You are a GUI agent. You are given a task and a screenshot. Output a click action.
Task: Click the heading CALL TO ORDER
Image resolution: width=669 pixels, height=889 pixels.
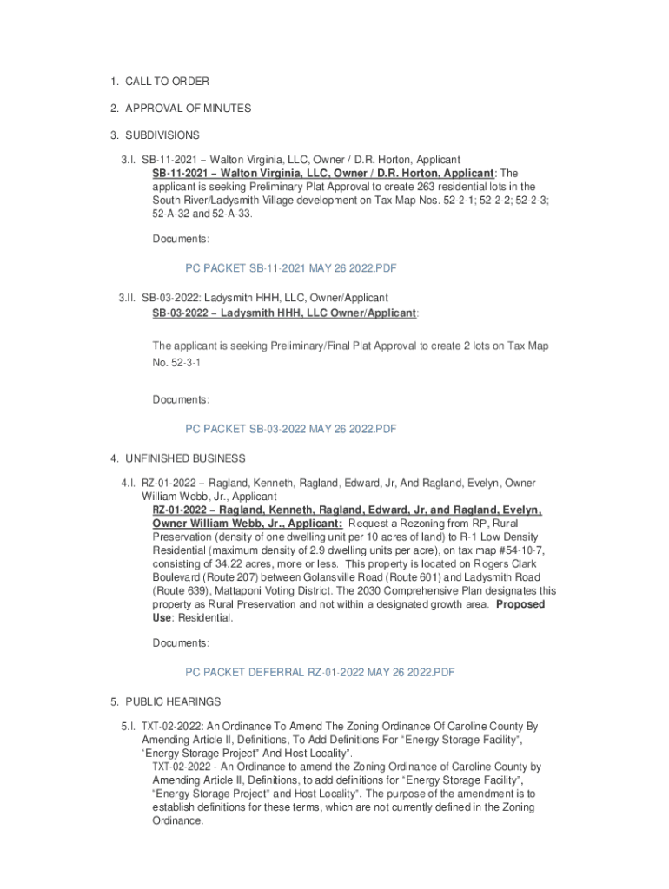pyautogui.click(x=167, y=82)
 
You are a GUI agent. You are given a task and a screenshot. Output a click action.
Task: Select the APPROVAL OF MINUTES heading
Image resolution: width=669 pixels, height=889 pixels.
pyautogui.click(x=188, y=109)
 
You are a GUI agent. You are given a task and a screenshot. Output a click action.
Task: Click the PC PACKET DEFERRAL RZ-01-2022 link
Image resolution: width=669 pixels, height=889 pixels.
pyautogui.click(x=320, y=672)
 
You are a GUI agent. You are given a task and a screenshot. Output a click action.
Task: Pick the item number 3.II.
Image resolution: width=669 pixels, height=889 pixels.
pyautogui.click(x=128, y=299)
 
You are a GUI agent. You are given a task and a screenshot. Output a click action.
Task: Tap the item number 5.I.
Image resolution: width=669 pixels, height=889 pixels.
pyautogui.click(x=128, y=726)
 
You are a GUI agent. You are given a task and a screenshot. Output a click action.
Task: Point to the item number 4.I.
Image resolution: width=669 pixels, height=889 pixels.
pyautogui.click(x=128, y=483)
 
